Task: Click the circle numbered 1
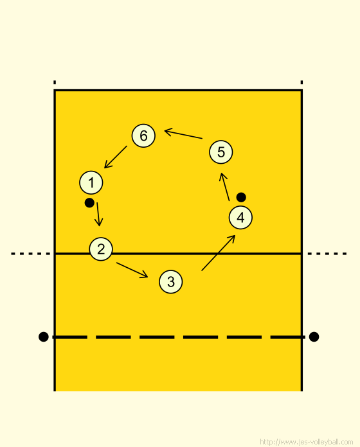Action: [91, 182]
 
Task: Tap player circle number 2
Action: [101, 249]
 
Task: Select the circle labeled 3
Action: [170, 282]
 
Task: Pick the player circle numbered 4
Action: [240, 218]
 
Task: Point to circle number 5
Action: [221, 152]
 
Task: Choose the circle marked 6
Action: [143, 136]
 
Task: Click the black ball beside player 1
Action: [89, 203]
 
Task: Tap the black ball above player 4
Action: [241, 197]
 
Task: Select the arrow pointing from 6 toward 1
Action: [116, 157]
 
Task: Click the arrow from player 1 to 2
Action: [98, 214]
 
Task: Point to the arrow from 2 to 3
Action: [132, 270]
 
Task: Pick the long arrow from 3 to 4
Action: [218, 252]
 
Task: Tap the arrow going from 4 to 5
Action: [224, 187]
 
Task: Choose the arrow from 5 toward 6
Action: [183, 134]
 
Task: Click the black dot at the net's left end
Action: [43, 337]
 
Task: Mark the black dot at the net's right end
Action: [314, 337]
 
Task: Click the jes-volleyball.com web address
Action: [307, 442]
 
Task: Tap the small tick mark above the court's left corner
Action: [55, 82]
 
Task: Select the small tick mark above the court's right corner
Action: [301, 82]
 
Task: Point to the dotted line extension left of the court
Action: [30, 254]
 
